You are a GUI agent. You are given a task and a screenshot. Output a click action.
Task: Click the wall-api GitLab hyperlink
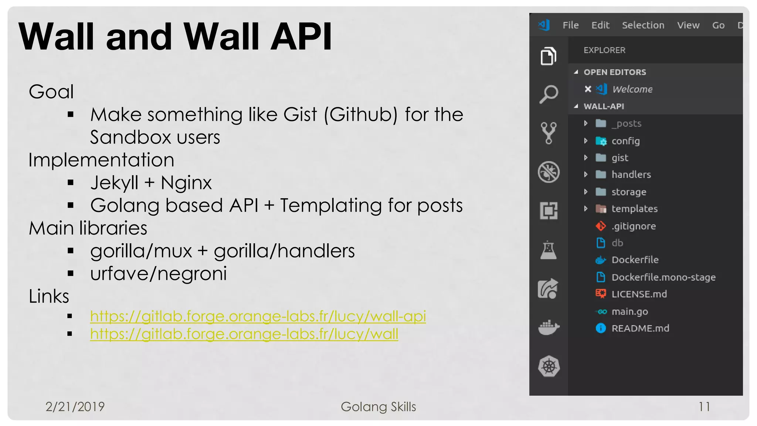(x=258, y=316)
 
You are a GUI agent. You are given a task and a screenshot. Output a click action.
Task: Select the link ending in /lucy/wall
(x=244, y=334)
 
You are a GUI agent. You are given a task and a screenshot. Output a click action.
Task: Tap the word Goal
(x=51, y=92)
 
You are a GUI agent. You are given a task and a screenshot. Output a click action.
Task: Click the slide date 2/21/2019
(x=75, y=407)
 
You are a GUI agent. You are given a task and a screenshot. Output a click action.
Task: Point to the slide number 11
(x=704, y=407)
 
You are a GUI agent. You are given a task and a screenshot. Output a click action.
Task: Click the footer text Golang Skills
(x=378, y=407)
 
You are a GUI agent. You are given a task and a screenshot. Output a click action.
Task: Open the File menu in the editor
(x=570, y=25)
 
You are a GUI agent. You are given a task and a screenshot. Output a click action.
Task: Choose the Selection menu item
(x=643, y=25)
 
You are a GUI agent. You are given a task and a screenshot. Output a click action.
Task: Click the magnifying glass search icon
(x=549, y=94)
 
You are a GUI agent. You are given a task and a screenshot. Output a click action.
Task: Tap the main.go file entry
(x=629, y=312)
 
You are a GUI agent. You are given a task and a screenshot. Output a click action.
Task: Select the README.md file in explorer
(x=640, y=328)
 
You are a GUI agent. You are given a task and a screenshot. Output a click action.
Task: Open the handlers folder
(x=631, y=175)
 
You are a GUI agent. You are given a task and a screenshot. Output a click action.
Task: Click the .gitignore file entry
(x=633, y=226)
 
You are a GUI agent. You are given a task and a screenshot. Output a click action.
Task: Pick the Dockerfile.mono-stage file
(x=663, y=277)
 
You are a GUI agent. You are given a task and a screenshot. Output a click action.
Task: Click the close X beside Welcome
(x=588, y=89)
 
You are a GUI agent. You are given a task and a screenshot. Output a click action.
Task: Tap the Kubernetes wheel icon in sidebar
(x=549, y=366)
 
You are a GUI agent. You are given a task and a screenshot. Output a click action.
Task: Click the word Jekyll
(x=114, y=183)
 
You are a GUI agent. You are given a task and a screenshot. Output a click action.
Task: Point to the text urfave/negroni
(x=159, y=274)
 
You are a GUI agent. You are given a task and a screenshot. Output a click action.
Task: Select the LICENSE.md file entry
(x=639, y=294)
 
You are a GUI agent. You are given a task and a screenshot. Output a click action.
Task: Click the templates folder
(x=634, y=209)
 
